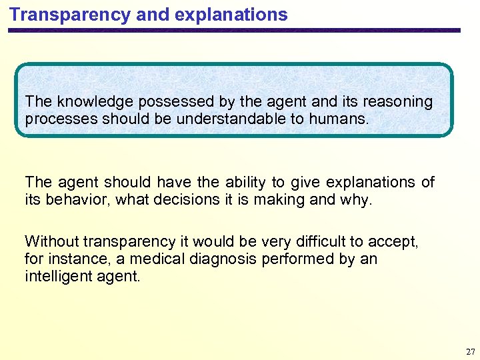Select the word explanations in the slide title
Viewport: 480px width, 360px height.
point(235,14)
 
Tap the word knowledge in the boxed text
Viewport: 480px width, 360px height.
point(87,102)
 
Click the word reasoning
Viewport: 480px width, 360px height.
point(396,102)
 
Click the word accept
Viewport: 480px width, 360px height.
point(393,241)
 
